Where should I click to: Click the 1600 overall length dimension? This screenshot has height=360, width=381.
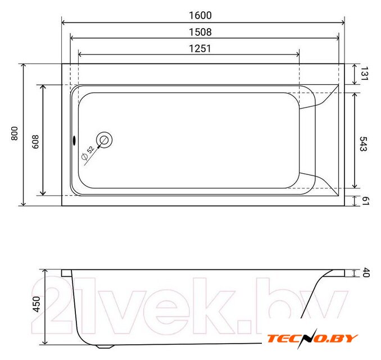[x=200, y=16]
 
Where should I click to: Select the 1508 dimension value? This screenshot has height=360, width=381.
[x=200, y=32]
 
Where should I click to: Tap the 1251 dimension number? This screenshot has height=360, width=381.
[x=200, y=48]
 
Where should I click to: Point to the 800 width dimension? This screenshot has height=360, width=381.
[x=15, y=133]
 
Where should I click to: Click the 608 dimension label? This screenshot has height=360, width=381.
[x=35, y=142]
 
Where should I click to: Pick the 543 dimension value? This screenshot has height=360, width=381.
[x=364, y=144]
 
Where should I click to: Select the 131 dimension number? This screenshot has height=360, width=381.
[x=365, y=74]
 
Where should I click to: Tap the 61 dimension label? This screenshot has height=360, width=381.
[x=366, y=201]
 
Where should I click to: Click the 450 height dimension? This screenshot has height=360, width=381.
[x=37, y=304]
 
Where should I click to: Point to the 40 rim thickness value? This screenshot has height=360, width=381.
[x=366, y=273]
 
